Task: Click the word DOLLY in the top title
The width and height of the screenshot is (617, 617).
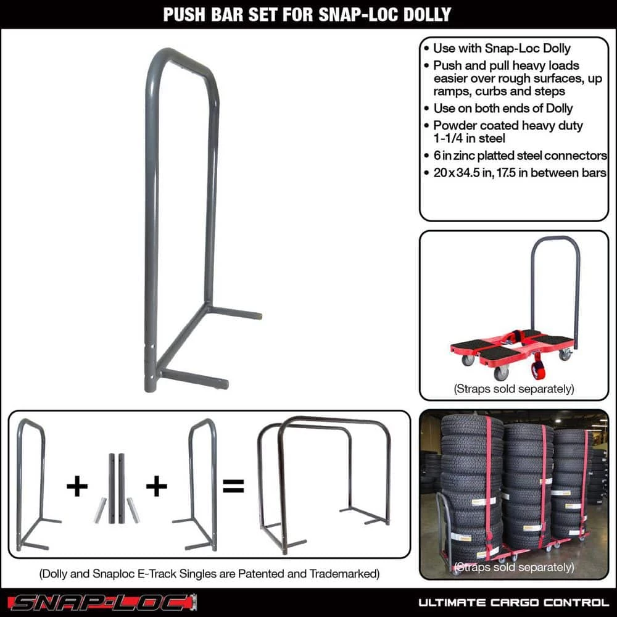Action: [x=422, y=14]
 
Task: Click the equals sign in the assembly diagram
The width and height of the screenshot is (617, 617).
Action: [x=233, y=486]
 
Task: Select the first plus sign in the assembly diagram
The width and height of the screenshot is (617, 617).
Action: [x=77, y=486]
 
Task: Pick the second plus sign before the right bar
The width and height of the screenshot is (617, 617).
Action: [x=156, y=486]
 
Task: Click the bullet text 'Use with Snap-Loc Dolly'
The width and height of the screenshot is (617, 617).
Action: [x=502, y=49]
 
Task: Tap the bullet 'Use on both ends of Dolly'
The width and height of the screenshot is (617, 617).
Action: [x=503, y=109]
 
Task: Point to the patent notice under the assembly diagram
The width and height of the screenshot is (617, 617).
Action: [x=209, y=574]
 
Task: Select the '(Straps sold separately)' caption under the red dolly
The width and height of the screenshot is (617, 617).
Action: [x=513, y=389]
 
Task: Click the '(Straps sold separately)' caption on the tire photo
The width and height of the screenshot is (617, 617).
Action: [x=513, y=566]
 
